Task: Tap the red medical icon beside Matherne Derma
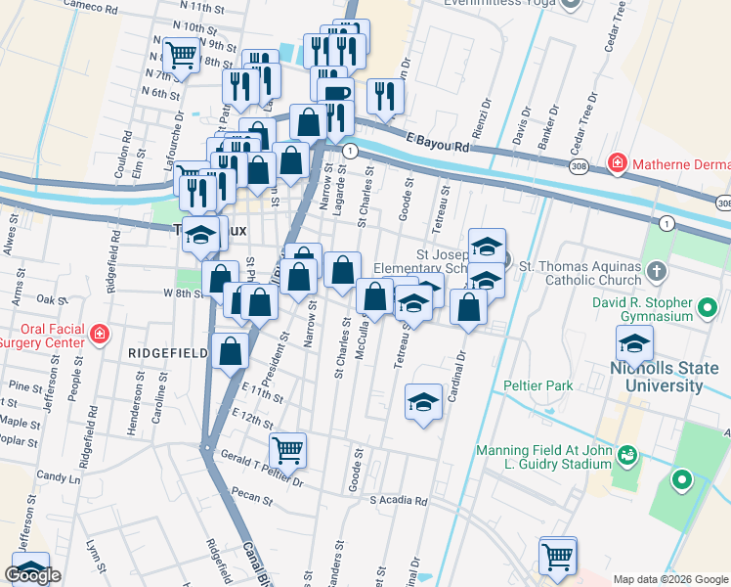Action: click(x=617, y=161)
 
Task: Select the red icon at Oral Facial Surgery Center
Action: click(x=99, y=336)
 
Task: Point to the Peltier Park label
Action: click(x=538, y=385)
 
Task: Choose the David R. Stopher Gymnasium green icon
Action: click(x=708, y=311)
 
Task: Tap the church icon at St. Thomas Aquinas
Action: click(x=659, y=270)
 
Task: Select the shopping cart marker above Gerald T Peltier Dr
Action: click(x=287, y=449)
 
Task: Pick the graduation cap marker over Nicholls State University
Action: click(x=634, y=343)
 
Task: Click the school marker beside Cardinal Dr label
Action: click(x=423, y=401)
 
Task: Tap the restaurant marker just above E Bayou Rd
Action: click(x=385, y=95)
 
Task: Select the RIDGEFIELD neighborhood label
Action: click(x=156, y=350)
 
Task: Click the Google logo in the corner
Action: click(x=32, y=575)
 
